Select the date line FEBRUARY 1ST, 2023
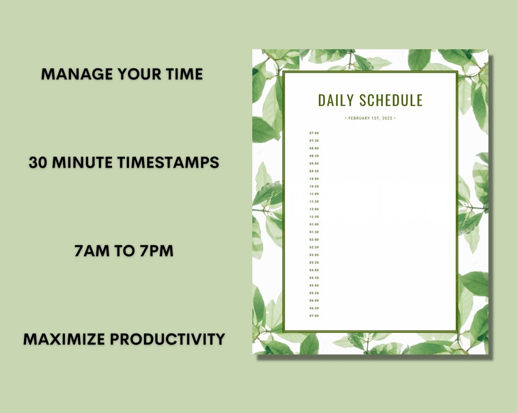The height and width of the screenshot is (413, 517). [370, 118]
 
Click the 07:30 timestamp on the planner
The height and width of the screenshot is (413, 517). [314, 140]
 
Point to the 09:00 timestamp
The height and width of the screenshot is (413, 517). [314, 163]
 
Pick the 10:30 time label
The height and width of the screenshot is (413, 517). [314, 186]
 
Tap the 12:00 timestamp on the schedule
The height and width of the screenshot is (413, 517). [314, 209]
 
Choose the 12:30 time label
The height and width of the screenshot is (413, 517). [314, 217]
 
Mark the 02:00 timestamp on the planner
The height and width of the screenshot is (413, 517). [314, 239]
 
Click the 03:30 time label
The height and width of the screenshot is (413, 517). [314, 262]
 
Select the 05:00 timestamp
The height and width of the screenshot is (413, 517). [314, 286]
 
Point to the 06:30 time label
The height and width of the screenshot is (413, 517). [314, 308]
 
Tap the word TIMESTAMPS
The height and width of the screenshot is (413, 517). [168, 163]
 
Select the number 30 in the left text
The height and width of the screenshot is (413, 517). [38, 163]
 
